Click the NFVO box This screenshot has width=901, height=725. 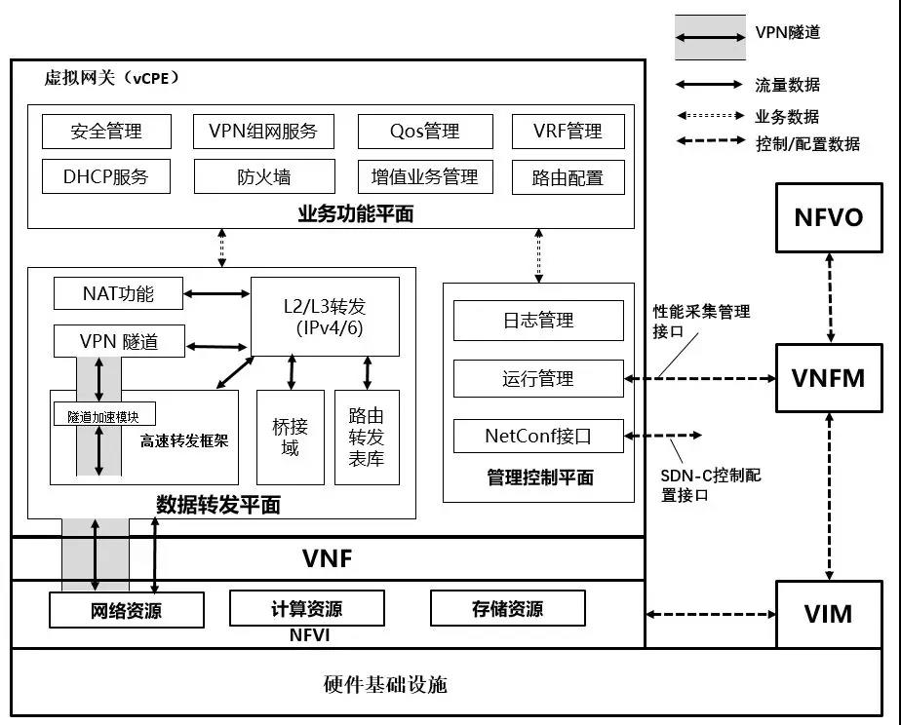point(829,215)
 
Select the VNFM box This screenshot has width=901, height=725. point(829,377)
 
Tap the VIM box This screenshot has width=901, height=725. point(828,614)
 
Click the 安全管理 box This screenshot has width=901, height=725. point(106,132)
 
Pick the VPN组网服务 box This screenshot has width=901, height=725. point(262,132)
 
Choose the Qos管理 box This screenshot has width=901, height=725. point(424,132)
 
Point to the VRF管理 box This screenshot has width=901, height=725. point(568,132)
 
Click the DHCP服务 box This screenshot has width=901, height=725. point(106,177)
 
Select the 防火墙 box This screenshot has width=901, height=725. point(262,177)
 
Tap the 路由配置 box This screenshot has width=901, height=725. point(568,177)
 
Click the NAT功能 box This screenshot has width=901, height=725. point(118,292)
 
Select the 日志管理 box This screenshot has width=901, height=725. point(537,320)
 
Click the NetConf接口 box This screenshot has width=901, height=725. point(537,436)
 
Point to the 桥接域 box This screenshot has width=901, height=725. point(290,437)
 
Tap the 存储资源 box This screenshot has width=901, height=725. point(507,609)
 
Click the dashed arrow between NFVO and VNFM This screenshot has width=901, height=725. point(829,296)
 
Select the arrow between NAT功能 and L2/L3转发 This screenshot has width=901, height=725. point(216,292)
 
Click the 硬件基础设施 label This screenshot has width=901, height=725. point(385,684)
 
